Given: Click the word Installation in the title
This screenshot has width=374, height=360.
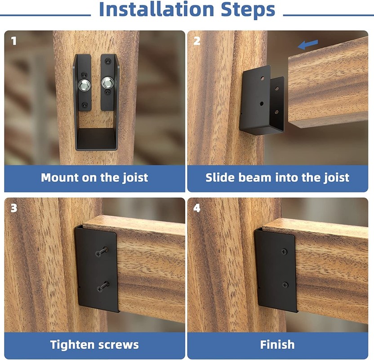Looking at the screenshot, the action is tap(156, 9).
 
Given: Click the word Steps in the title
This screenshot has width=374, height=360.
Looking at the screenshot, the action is tap(248, 9).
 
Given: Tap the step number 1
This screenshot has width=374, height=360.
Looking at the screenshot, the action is tap(14, 41).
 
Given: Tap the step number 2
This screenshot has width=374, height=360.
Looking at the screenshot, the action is tap(197, 41).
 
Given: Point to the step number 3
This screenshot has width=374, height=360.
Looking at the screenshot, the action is tap(14, 208).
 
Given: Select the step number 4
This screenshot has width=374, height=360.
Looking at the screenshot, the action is tap(197, 208).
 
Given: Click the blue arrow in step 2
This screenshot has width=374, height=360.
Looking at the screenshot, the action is tap(307, 45).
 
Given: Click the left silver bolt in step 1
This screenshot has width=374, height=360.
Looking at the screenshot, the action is tap(85, 85).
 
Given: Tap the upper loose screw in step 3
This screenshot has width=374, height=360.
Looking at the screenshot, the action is tap(102, 252).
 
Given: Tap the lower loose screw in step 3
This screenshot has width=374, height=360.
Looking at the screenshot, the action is tap(103, 287).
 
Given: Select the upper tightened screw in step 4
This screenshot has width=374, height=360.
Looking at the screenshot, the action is tap(284, 251).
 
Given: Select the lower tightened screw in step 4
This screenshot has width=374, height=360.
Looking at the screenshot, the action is tap(285, 284).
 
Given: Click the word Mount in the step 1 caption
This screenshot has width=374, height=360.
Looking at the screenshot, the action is tap(60, 178).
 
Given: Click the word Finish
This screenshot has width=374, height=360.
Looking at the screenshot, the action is tap(277, 345).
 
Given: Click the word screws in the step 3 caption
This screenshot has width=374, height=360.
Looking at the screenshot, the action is tap(119, 345).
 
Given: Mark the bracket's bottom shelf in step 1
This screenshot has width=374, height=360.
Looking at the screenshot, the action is tap(96, 139).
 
